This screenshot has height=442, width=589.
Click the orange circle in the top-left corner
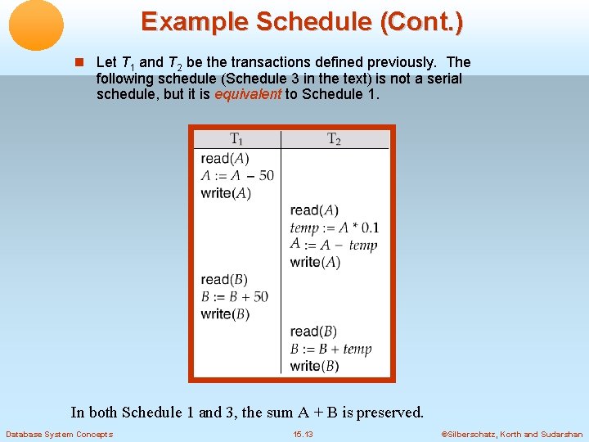click(x=36, y=25)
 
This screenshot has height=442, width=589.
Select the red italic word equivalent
click(x=247, y=94)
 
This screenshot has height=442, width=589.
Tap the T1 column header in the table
click(x=236, y=139)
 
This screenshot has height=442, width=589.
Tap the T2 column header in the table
click(x=334, y=139)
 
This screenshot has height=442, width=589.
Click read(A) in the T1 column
click(x=225, y=158)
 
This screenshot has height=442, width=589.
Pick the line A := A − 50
click(x=237, y=175)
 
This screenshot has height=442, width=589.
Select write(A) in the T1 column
click(x=226, y=193)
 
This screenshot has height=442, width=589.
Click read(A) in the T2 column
click(x=314, y=210)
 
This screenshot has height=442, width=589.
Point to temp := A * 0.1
click(x=334, y=228)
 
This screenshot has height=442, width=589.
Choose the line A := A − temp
click(x=334, y=245)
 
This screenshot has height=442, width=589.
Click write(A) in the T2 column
click(x=315, y=262)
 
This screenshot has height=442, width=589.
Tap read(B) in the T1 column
click(x=224, y=280)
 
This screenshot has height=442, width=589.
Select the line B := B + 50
click(x=234, y=296)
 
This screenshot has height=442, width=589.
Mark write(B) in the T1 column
click(x=225, y=314)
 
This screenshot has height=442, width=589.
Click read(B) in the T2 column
click(x=313, y=331)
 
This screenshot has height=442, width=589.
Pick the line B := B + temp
click(x=330, y=349)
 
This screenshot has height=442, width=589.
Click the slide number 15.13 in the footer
click(x=303, y=435)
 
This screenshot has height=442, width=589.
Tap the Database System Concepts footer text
click(x=59, y=435)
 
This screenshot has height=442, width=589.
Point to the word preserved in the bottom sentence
click(x=387, y=413)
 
